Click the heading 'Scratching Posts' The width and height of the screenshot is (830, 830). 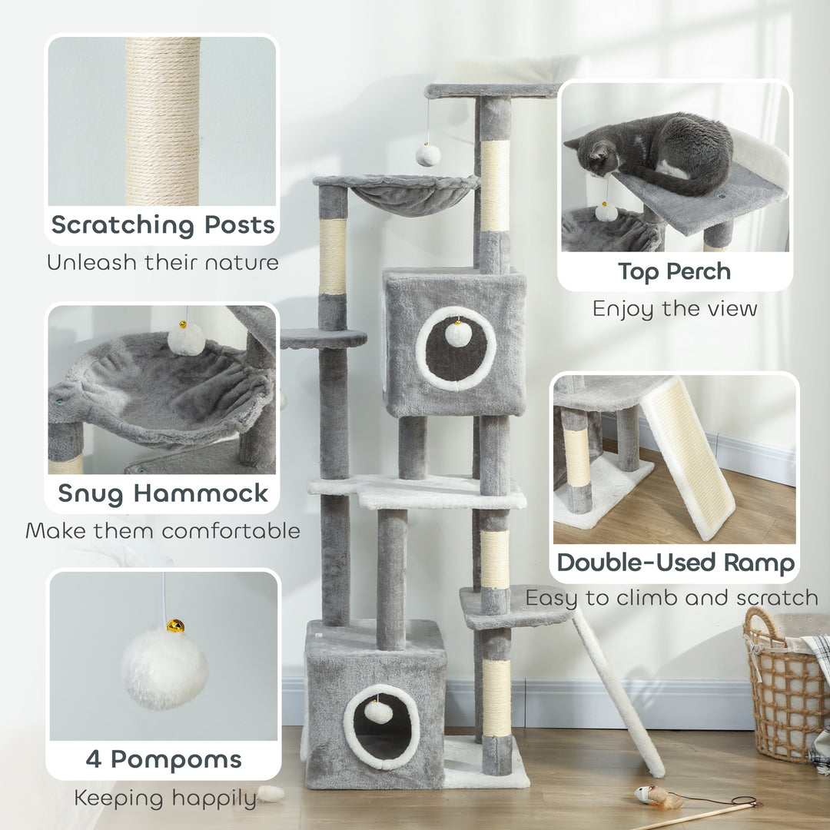162,225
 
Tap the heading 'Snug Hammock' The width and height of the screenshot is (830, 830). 163,493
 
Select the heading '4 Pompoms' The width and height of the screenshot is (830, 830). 163,759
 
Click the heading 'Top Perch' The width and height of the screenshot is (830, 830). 675,271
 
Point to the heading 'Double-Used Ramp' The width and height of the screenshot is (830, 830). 676,563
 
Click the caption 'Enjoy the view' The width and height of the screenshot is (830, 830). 675,309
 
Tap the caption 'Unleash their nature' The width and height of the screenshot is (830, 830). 162,262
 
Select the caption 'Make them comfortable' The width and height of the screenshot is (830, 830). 162,530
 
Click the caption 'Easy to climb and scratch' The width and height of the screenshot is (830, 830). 672,597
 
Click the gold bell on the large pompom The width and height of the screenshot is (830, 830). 175,626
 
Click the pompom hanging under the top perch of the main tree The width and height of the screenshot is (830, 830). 428,154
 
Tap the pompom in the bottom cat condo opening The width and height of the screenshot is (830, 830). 378,711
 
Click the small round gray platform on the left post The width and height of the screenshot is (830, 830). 323,337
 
